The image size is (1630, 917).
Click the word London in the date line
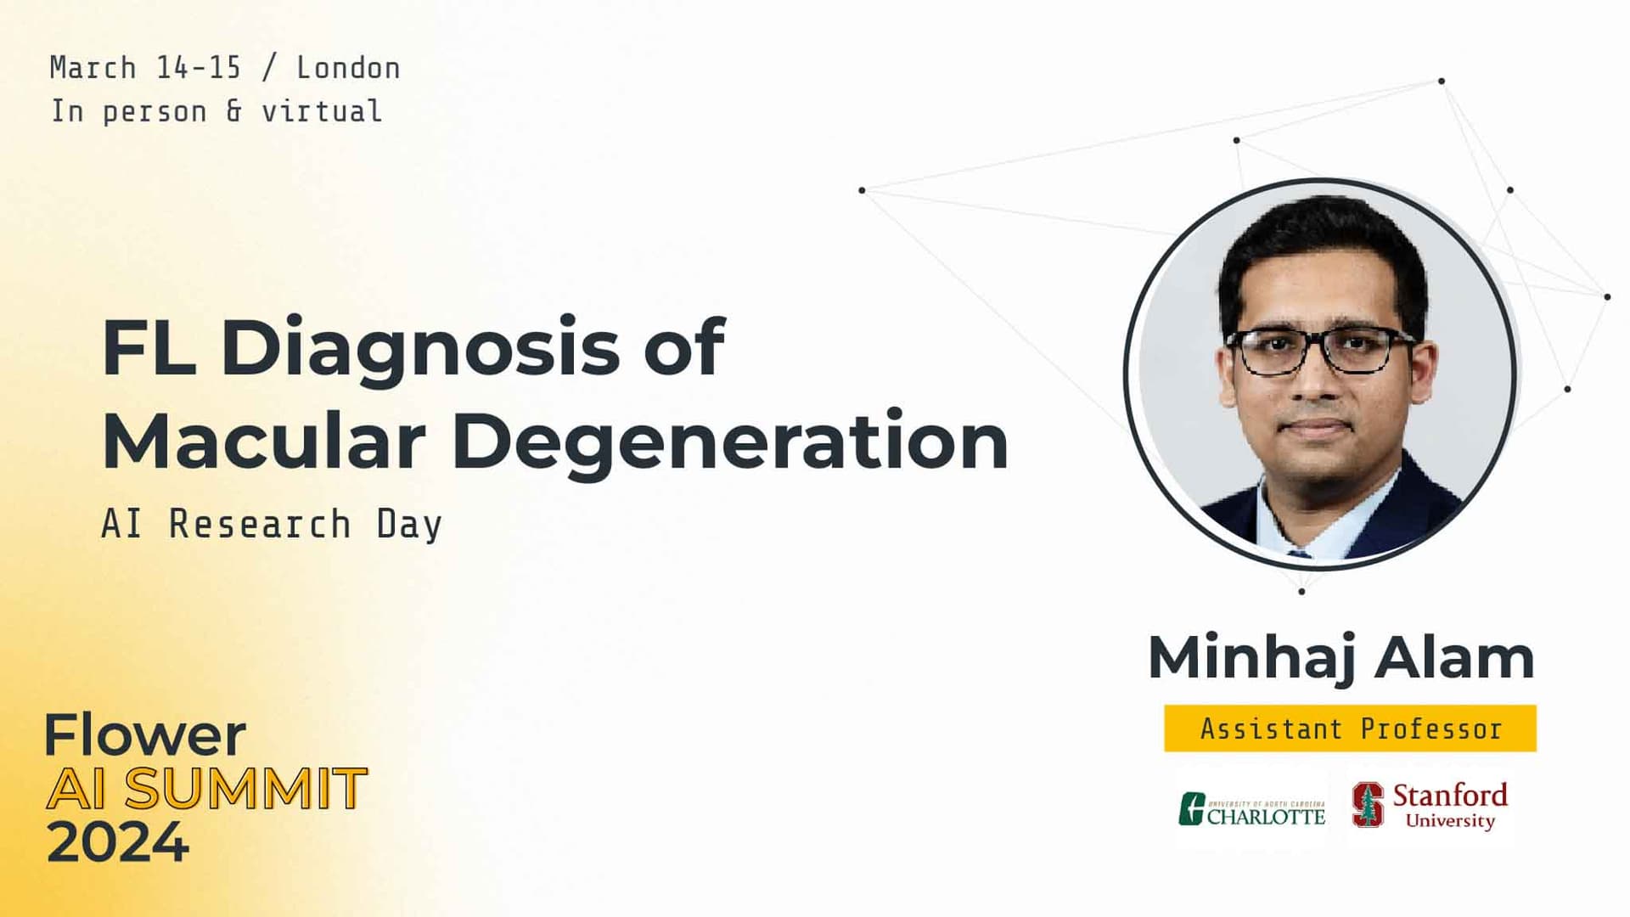pos(348,68)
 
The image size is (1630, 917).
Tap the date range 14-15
pos(199,68)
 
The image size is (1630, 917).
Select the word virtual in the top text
pos(322,111)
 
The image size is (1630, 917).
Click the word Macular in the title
pos(263,442)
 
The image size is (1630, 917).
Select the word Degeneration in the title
pos(730,442)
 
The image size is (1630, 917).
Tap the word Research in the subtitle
pos(260,524)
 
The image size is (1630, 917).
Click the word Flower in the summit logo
pos(145,735)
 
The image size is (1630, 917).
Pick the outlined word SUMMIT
pos(246,789)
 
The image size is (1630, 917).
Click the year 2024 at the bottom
pos(117,842)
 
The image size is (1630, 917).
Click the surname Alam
pos(1454,658)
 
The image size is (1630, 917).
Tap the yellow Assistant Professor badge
pos(1350,729)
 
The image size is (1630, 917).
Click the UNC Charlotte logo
pos(1251,809)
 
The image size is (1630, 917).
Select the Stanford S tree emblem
pos(1368,804)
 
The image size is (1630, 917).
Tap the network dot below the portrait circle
pos(1301,591)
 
